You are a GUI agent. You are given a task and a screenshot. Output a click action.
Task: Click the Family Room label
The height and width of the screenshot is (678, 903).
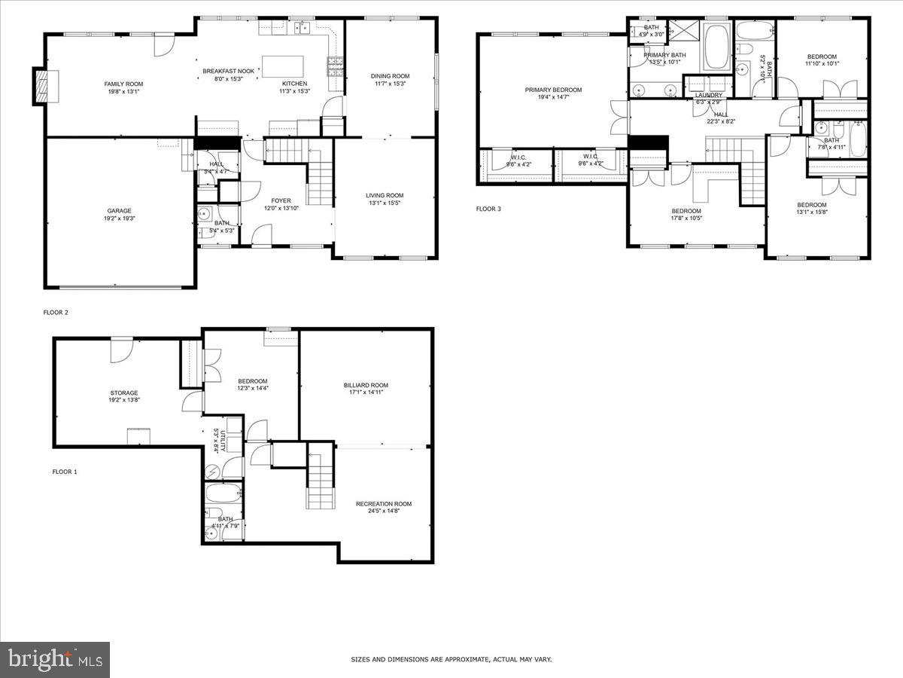tap(123, 84)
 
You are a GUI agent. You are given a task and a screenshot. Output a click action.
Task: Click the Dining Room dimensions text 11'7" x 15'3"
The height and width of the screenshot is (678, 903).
tap(390, 84)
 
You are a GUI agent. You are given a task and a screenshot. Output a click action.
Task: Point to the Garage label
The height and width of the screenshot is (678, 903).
tap(119, 210)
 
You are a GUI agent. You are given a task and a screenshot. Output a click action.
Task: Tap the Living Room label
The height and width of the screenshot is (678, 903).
tap(385, 196)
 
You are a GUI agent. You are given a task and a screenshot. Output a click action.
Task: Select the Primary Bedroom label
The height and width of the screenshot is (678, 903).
tap(553, 90)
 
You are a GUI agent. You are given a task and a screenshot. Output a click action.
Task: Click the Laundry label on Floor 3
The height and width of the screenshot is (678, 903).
tap(709, 95)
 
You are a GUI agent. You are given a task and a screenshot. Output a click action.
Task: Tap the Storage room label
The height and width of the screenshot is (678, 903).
tap(124, 392)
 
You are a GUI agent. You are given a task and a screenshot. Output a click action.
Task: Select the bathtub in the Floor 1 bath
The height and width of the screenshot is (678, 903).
tap(223, 496)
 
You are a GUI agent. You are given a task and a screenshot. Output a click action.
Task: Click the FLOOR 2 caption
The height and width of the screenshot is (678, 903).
tap(56, 312)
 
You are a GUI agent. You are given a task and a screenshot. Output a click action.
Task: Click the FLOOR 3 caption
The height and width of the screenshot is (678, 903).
tap(488, 209)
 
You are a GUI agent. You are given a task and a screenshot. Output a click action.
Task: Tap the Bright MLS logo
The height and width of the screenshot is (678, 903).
tap(55, 660)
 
